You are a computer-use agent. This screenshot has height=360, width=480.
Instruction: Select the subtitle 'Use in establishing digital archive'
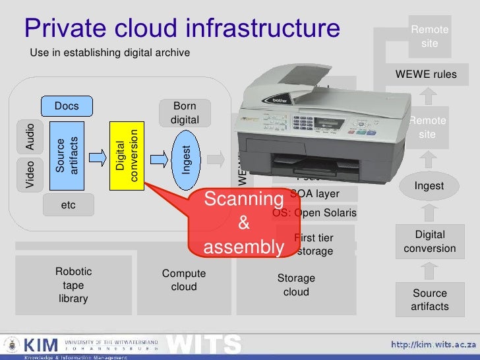coord(110,52)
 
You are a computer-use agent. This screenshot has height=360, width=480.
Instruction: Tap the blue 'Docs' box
coord(67,106)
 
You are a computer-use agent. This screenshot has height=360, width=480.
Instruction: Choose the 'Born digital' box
coord(184,113)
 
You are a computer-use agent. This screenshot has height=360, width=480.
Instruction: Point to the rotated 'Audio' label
coord(30,135)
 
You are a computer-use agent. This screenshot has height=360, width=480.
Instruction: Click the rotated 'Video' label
coord(30,175)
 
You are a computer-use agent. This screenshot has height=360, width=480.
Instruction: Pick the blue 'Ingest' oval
coord(187,159)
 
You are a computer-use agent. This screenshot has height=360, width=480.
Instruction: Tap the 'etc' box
coord(68,205)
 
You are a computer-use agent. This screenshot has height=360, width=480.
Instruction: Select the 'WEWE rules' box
coord(425,75)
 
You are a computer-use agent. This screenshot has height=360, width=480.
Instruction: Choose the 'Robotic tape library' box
coord(74,285)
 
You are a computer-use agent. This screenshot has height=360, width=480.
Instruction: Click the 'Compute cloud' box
coord(184,280)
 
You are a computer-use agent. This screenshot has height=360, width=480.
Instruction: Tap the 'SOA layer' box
coord(315,194)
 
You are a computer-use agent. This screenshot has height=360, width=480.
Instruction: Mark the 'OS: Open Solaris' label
coord(315,213)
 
